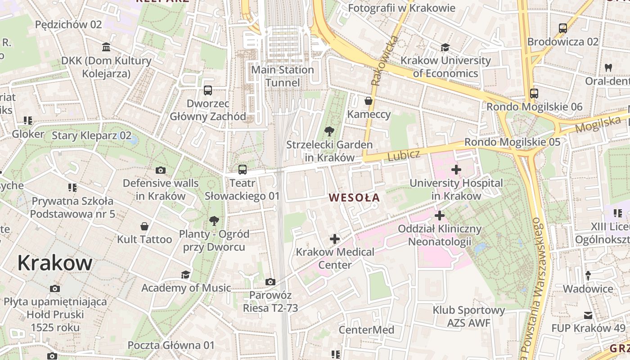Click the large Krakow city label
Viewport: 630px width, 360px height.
[55, 263]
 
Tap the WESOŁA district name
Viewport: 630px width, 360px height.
[354, 198]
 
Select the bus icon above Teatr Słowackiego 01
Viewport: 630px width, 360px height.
[243, 170]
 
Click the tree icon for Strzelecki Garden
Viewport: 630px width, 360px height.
[329, 131]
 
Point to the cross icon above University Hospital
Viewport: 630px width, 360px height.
[456, 170]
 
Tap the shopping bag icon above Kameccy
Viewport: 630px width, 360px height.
[369, 101]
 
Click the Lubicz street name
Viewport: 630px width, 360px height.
[404, 156]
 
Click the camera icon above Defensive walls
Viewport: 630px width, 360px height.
[161, 170]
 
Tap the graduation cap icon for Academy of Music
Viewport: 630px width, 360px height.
[185, 274]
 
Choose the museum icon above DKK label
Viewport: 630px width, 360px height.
[106, 47]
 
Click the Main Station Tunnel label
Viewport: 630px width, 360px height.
[283, 76]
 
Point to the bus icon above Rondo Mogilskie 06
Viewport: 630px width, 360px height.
[534, 94]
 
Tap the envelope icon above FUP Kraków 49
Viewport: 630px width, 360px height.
[588, 315]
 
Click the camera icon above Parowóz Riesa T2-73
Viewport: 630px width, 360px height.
[270, 282]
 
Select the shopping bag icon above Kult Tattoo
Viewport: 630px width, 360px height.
[144, 226]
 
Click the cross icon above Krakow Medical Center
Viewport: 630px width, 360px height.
[335, 238]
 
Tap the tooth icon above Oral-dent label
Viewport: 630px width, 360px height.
[608, 67]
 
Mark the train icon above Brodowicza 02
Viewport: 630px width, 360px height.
[562, 28]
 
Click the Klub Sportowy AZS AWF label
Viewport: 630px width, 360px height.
[469, 316]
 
